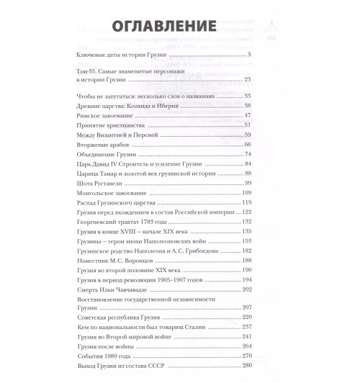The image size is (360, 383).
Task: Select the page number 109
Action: [x=244, y=194]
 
